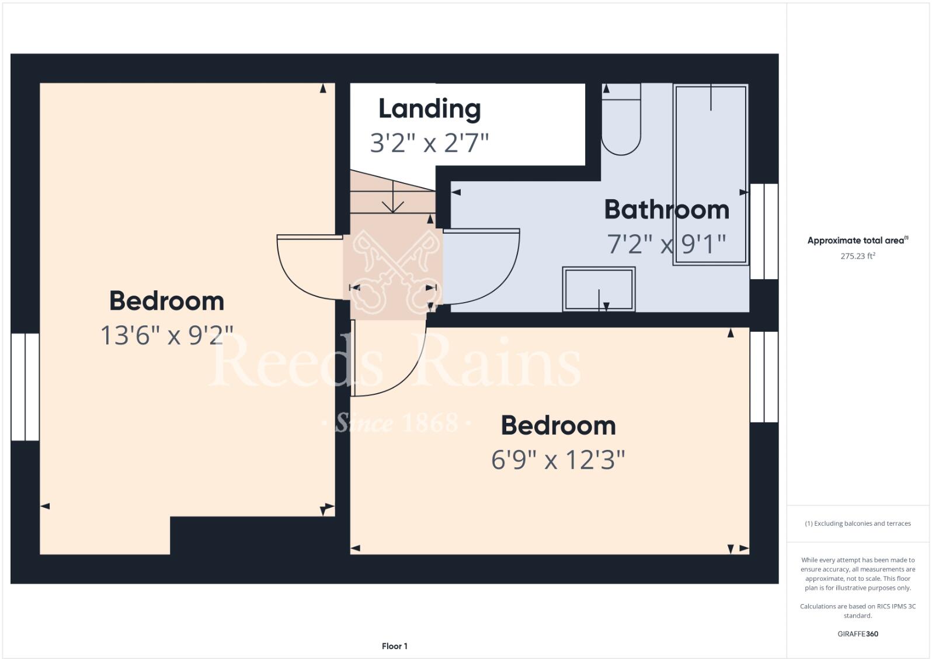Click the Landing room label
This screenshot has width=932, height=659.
(429, 109)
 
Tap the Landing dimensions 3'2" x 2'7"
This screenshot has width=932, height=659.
(429, 143)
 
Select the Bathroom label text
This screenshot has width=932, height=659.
(666, 210)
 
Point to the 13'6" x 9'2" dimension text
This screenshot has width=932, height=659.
(167, 335)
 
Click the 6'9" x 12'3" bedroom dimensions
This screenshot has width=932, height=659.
(558, 460)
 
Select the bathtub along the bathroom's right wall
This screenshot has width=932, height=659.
(710, 174)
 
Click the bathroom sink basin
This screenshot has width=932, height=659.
(599, 289)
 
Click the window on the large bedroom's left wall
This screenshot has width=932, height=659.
(25, 387)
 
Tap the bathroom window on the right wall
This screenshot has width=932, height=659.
(764, 231)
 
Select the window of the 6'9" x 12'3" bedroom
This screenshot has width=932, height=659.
(764, 377)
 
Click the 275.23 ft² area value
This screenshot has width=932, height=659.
(857, 256)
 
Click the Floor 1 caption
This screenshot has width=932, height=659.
(394, 646)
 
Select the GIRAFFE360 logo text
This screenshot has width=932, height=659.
(857, 634)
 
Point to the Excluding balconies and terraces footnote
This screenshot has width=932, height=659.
(857, 523)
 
